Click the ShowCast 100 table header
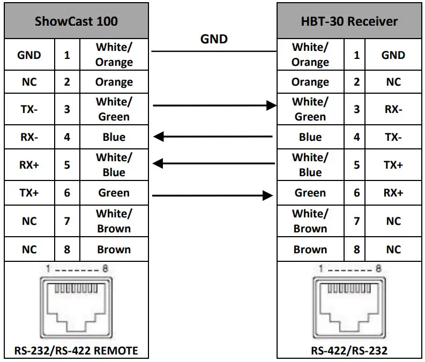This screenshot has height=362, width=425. point(76,21)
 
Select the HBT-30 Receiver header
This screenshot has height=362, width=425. point(349,21)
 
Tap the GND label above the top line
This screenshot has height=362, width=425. point(214,39)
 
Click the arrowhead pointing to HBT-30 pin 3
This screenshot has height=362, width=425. point(271,106)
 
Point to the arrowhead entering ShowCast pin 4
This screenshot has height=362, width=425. point(159,137)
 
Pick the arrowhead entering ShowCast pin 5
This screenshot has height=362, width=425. point(159,163)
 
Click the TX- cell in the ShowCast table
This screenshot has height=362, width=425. point(29,109)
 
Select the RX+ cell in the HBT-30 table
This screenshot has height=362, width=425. point(393,193)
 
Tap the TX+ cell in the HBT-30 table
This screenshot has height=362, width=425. point(393,165)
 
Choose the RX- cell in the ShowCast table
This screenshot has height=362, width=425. point(29,137)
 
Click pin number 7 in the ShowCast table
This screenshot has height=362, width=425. point(67,221)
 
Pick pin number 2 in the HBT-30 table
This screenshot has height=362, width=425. point(357,82)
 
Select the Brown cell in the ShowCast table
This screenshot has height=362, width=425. point(114,250)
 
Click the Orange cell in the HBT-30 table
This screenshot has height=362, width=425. point(310,82)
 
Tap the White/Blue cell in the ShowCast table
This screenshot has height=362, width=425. point(114,165)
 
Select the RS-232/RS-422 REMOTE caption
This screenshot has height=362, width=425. point(76,351)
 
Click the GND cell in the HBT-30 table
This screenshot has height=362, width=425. point(393,55)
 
